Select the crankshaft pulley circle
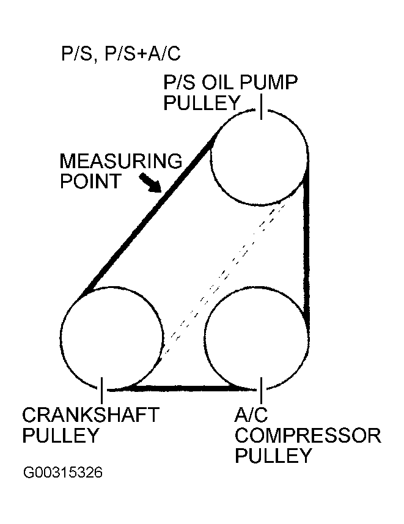point(60,338)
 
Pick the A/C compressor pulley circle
point(205,338)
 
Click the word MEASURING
point(121,161)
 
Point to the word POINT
point(90,181)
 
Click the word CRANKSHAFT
point(90,415)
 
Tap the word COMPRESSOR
point(308,435)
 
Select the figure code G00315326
point(63,473)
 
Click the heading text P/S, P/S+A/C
point(120,53)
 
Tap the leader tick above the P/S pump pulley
point(262,106)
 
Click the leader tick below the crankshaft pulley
point(101,390)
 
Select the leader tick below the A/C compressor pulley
point(261,390)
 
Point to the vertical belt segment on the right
point(306,247)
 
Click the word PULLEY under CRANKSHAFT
point(61,435)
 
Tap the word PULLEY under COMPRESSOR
point(274,455)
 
